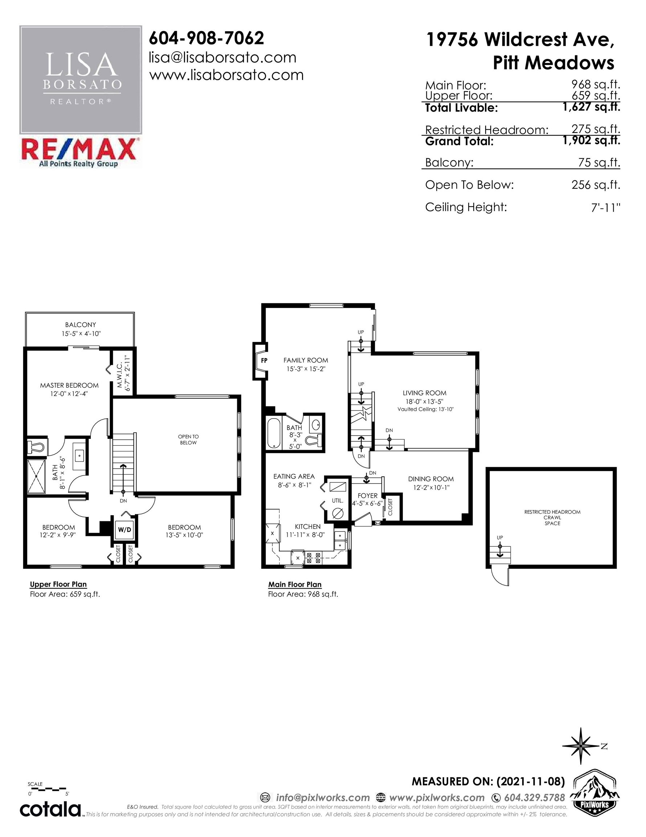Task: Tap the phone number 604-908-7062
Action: [x=206, y=38]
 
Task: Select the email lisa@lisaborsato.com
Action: [x=222, y=57]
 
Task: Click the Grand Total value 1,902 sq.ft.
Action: [x=591, y=140]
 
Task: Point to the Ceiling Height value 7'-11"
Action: [x=605, y=207]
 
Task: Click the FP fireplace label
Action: [x=264, y=360]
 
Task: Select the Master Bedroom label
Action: [x=69, y=385]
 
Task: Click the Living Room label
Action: [x=424, y=393]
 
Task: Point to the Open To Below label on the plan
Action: [x=188, y=440]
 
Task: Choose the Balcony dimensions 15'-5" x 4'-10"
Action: [x=81, y=333]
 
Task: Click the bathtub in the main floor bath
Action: [x=274, y=433]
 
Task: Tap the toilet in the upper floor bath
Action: [x=36, y=447]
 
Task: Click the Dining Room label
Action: [x=431, y=479]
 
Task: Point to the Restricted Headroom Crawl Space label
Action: [x=552, y=517]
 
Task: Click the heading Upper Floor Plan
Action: [x=58, y=585]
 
